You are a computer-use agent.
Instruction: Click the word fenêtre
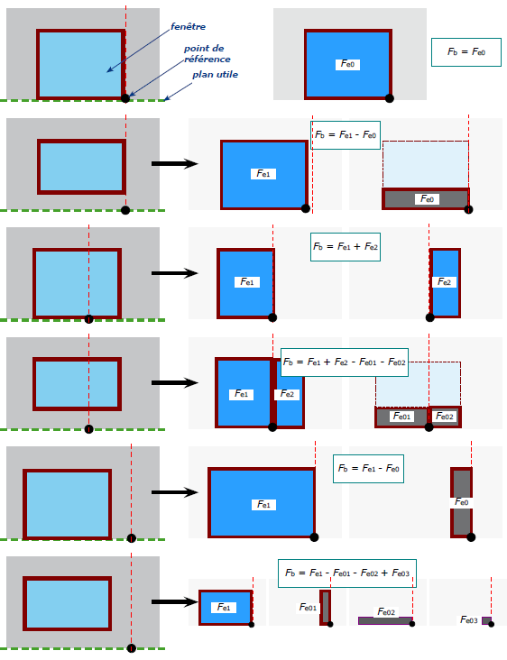[x=188, y=26]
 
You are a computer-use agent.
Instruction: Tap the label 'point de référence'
[x=207, y=54]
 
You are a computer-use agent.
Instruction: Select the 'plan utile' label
[x=216, y=75]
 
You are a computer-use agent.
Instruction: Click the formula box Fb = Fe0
[x=466, y=52]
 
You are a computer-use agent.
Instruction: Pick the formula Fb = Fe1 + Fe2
[x=346, y=247]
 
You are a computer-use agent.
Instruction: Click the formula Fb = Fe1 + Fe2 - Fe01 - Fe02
[x=345, y=362]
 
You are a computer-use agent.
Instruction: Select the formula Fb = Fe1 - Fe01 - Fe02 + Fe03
[x=347, y=573]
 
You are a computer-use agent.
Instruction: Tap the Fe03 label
[x=469, y=619]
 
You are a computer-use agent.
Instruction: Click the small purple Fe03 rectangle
[x=486, y=621]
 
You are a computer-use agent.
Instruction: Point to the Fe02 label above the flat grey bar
[x=386, y=611]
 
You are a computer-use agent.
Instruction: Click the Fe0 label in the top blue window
[x=348, y=64]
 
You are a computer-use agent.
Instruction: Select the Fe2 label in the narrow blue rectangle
[x=444, y=281]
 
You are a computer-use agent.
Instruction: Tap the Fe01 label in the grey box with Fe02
[x=401, y=417]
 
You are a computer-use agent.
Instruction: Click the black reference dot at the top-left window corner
[x=125, y=98]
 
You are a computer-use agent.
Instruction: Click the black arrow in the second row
[x=175, y=164]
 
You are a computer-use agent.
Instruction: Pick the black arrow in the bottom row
[x=175, y=602]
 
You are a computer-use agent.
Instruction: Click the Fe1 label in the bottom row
[x=224, y=608]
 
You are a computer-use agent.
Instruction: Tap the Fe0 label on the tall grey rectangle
[x=462, y=502]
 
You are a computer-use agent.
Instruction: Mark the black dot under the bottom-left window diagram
[x=132, y=648]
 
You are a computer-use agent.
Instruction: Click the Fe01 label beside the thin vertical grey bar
[x=308, y=608]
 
